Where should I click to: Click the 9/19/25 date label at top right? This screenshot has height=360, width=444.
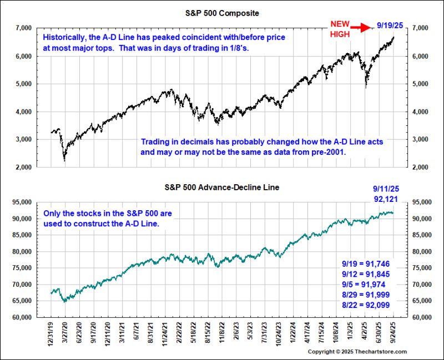coord(390,26)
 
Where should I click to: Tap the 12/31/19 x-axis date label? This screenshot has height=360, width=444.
coord(51,332)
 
